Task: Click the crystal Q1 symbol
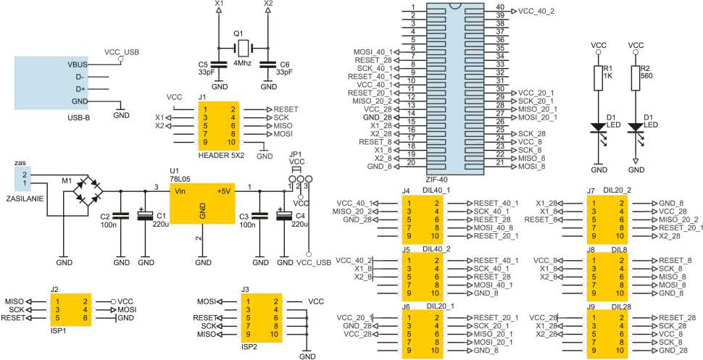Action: tap(243, 47)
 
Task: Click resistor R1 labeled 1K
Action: tap(597, 78)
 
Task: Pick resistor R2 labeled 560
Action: tap(636, 78)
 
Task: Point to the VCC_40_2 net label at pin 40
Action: tap(536, 11)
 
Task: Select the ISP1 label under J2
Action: tap(56, 333)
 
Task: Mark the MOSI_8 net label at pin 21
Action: tap(532, 167)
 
